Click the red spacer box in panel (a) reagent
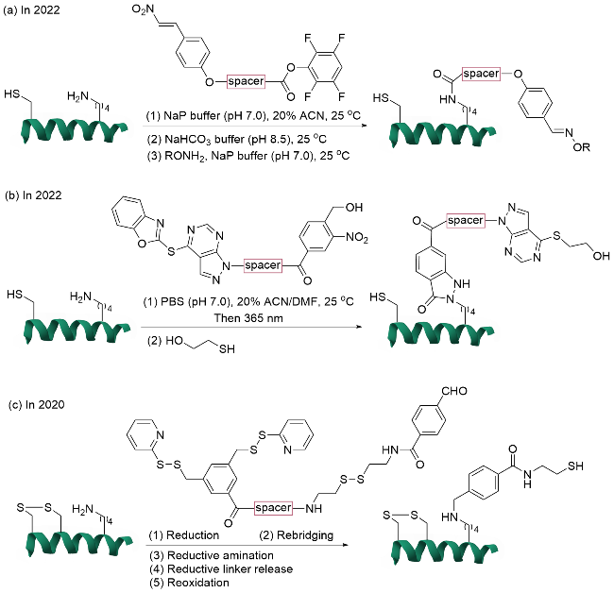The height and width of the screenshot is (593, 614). tap(247, 83)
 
